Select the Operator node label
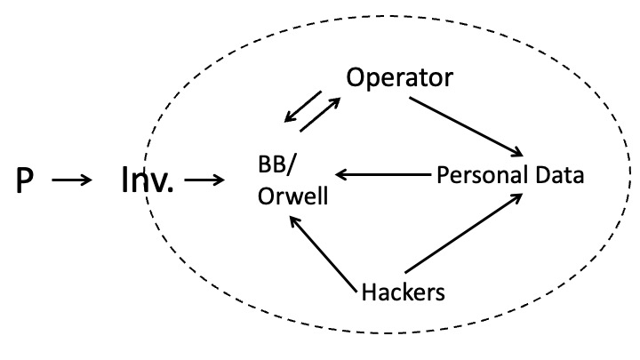coord(400,78)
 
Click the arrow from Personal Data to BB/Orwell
coord(382,174)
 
